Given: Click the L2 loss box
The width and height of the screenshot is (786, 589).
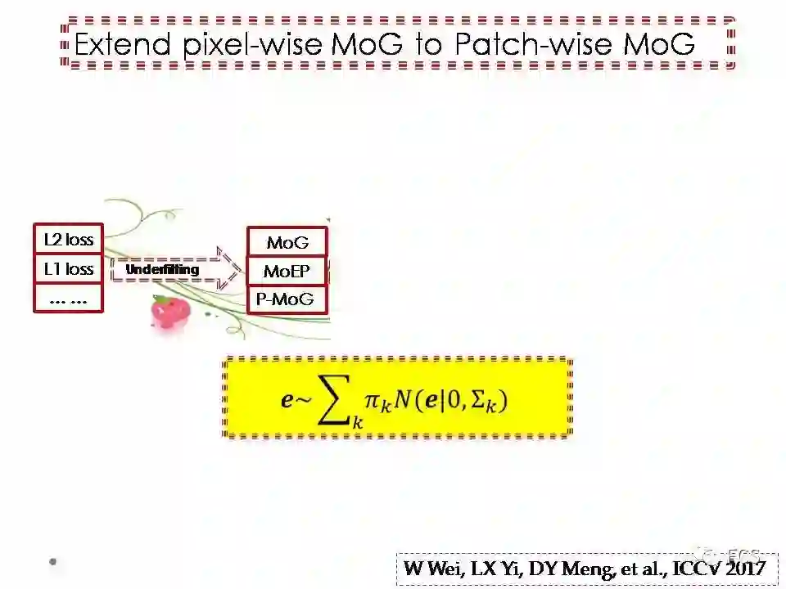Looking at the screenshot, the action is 69,240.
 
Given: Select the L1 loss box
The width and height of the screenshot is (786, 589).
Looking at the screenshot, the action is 69,269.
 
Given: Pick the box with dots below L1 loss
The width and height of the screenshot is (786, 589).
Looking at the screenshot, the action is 69,299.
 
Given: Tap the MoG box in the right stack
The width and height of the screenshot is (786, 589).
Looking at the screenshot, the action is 287,242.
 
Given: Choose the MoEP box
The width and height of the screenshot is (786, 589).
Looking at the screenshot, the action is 287,271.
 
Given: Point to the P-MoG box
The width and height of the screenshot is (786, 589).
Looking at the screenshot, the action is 287,299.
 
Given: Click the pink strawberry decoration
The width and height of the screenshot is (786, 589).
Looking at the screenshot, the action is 170,312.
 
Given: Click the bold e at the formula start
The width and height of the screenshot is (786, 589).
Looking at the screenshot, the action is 286,401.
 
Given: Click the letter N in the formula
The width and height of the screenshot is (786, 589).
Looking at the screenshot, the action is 398,400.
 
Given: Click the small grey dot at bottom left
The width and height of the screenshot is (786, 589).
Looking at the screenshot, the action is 53,561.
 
